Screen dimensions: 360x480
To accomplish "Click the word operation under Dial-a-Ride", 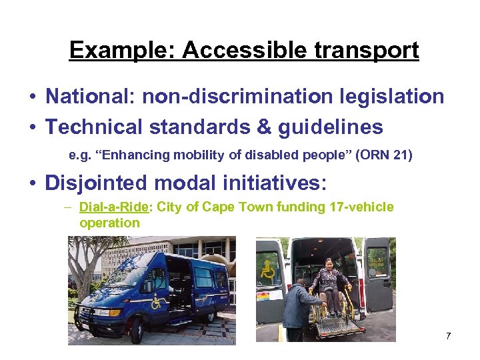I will tap(109, 223).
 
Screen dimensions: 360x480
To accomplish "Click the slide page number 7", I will tap(449, 335).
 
